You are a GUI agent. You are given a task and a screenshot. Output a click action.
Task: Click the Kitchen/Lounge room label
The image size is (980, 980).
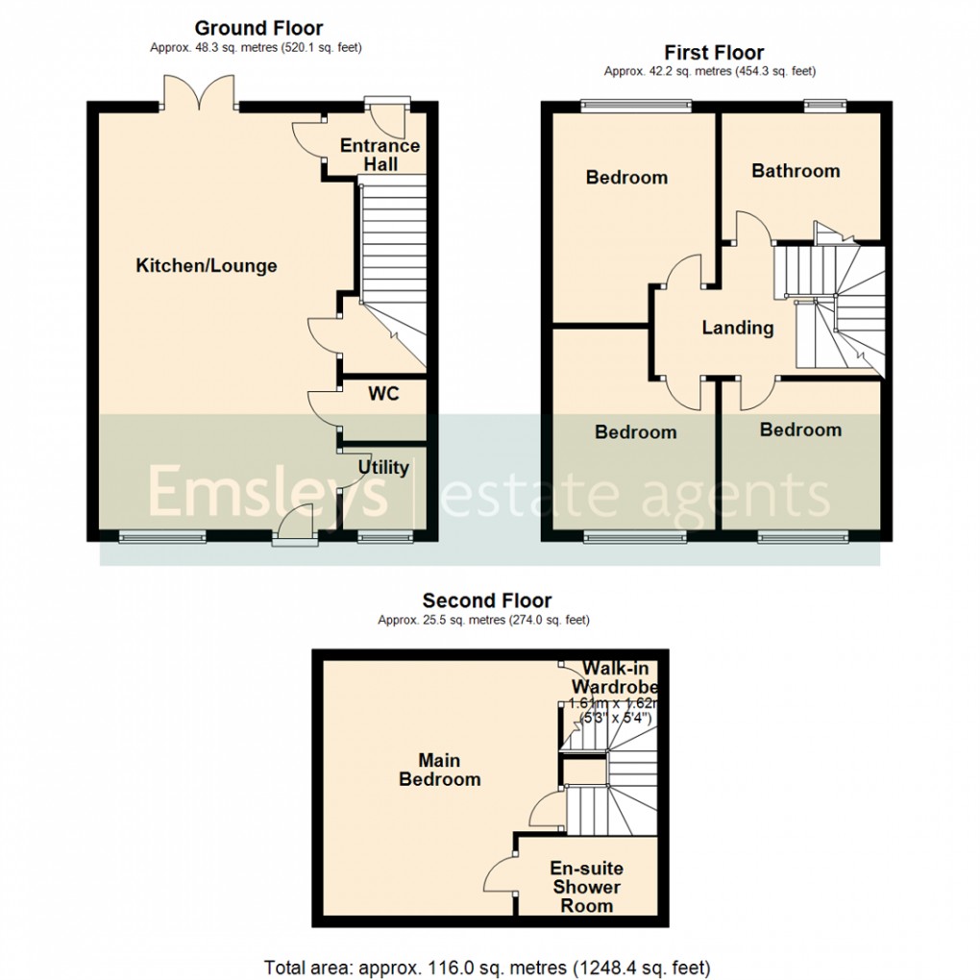point(206,266)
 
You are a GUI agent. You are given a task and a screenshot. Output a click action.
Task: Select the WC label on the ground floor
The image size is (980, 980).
point(383,393)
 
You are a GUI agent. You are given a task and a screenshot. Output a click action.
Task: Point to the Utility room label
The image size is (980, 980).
point(383,468)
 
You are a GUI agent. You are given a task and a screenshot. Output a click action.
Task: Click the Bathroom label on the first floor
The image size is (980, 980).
point(796,171)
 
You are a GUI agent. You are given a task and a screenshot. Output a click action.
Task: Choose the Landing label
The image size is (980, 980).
point(737,328)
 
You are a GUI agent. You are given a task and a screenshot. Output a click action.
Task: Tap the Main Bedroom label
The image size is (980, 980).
point(439,769)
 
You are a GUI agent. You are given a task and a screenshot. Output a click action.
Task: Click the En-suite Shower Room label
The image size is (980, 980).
point(586,887)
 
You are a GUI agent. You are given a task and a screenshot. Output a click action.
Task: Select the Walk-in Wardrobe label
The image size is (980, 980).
point(613,677)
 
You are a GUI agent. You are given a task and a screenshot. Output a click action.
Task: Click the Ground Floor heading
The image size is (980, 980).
point(258,29)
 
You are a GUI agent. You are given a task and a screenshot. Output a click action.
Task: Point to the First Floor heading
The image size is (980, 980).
point(714,52)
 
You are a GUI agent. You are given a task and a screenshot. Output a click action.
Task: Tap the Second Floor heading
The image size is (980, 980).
point(487,601)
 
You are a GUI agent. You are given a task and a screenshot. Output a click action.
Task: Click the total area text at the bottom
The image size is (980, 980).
point(487,966)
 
